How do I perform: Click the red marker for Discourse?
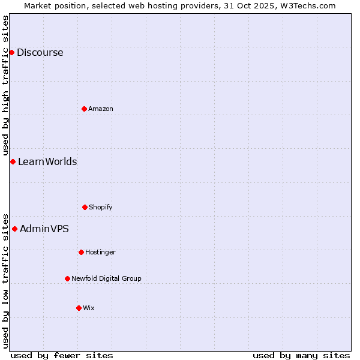[x=11, y=52]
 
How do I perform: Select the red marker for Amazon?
[x=84, y=109]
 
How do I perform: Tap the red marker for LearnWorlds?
[x=13, y=161]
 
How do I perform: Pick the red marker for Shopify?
[x=85, y=207]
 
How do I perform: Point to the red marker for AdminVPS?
[x=14, y=229]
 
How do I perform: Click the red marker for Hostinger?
[x=81, y=252]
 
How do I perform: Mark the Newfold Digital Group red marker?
[x=67, y=278]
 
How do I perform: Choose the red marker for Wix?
[x=79, y=308]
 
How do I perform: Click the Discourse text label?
[x=40, y=53]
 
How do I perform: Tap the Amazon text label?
[x=101, y=109]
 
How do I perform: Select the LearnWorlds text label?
[x=47, y=162]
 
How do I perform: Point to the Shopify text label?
[x=101, y=208]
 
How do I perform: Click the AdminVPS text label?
[x=44, y=229]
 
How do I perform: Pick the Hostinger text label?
[x=100, y=253]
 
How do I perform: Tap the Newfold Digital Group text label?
[x=106, y=279]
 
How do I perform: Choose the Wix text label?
[x=89, y=308]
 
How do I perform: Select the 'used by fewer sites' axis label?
[x=62, y=355]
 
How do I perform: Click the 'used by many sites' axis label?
[x=301, y=355]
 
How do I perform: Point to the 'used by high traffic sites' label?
[x=5, y=85]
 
